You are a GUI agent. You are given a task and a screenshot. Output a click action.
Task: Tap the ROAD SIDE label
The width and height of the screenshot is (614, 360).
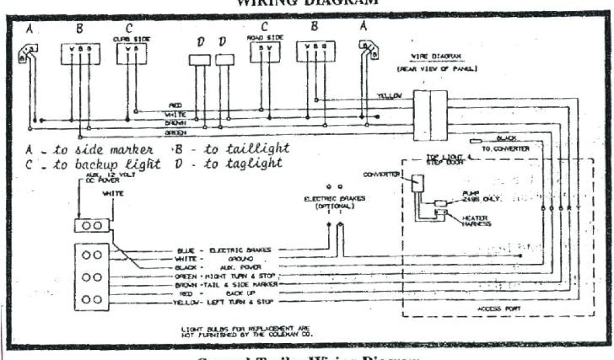[x=264, y=38]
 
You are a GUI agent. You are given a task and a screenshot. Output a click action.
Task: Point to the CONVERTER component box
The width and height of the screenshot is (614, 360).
[x=417, y=182]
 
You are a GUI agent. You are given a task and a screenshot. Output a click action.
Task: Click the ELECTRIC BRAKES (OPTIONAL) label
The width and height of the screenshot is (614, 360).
[x=335, y=202]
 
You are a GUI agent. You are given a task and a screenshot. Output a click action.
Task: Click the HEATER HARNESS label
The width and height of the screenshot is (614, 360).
[x=477, y=221]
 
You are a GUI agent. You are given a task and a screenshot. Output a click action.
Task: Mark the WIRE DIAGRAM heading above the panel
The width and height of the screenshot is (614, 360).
[x=436, y=56]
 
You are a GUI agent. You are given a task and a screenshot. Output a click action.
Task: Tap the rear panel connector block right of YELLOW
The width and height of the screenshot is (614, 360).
[x=431, y=115]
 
